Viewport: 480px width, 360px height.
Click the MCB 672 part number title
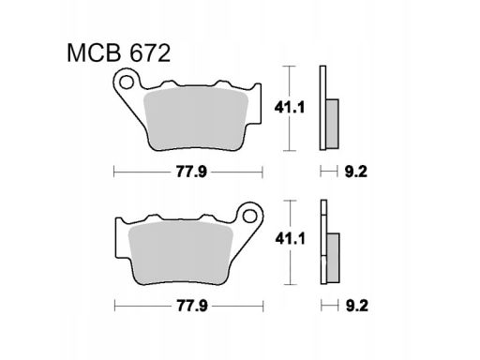click(119, 53)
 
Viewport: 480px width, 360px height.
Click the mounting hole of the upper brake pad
click(127, 82)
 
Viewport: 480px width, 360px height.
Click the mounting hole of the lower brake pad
click(249, 216)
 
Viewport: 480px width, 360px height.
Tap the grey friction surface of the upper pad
click(196, 119)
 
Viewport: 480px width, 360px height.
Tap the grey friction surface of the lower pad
click(181, 253)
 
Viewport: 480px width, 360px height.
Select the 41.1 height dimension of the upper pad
click(289, 108)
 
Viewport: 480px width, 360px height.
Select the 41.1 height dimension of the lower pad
click(290, 239)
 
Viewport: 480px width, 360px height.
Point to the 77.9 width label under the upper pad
click(191, 172)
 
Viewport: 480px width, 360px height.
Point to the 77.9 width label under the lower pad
click(192, 306)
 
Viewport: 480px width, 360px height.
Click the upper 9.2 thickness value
click(356, 172)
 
